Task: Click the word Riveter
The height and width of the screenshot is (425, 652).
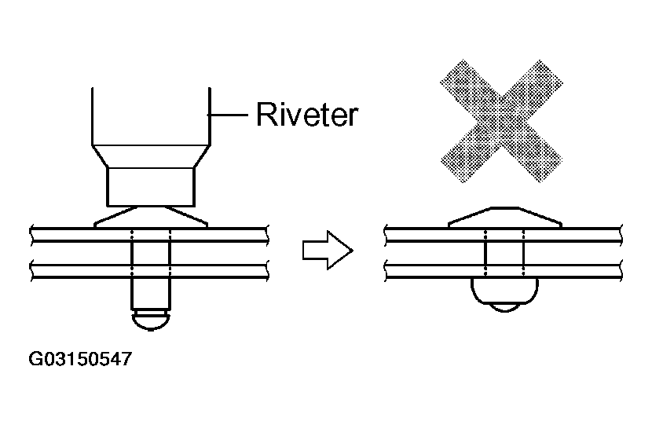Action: coord(307,114)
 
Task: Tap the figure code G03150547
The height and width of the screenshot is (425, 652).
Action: coord(80,359)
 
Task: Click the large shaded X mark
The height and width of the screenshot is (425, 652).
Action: coord(501,121)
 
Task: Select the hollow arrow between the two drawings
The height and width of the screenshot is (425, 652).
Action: coord(328,250)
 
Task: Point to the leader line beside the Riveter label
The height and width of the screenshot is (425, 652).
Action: coord(228,115)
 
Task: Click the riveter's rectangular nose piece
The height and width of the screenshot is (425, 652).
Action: coord(151,187)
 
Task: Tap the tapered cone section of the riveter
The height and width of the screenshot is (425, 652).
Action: coord(151,156)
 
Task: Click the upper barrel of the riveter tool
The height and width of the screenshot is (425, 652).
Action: coord(151,116)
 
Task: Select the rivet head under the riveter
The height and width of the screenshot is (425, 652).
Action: coord(151,217)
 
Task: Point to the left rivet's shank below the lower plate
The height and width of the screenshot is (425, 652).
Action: coord(151,294)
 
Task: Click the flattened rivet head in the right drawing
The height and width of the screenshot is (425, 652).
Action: coord(505,217)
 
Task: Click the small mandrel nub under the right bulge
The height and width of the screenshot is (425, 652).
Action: coord(504,308)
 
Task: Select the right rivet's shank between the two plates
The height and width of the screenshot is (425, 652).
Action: coord(504,252)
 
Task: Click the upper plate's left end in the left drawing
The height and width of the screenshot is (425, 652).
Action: coord(31,235)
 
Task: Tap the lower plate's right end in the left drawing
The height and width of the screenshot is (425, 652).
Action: coord(266,270)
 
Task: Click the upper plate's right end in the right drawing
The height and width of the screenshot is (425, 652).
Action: coord(621,235)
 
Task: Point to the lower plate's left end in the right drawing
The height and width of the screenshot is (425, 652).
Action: coord(386,270)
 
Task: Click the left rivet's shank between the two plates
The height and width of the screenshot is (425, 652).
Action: coord(151,252)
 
